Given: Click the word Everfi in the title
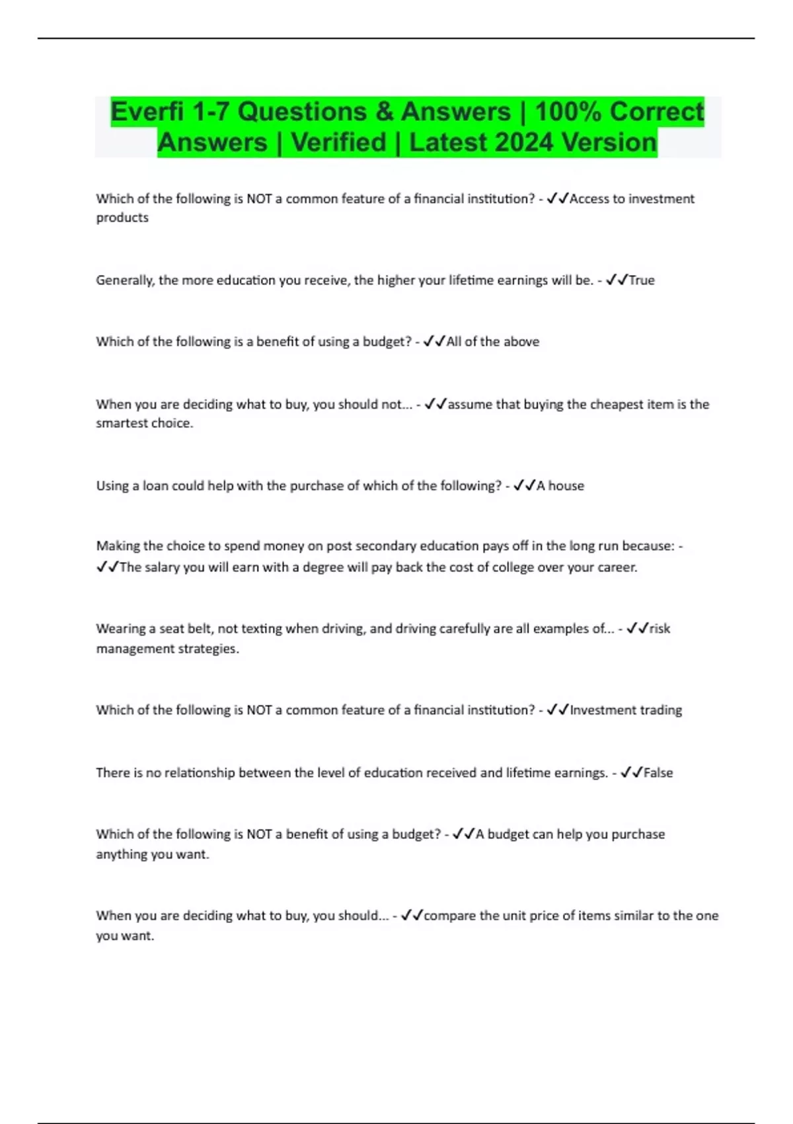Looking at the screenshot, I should point(146,112).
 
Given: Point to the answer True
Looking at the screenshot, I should point(641,280).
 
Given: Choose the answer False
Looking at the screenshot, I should point(658,773).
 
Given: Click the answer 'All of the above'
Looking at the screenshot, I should point(493,342).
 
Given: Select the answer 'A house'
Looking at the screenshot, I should point(560,486).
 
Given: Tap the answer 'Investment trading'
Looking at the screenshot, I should point(626,710).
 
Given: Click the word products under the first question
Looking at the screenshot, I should point(122,218).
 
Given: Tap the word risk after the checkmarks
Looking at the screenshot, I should point(660,629).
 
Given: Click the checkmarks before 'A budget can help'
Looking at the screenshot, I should point(464,834).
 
